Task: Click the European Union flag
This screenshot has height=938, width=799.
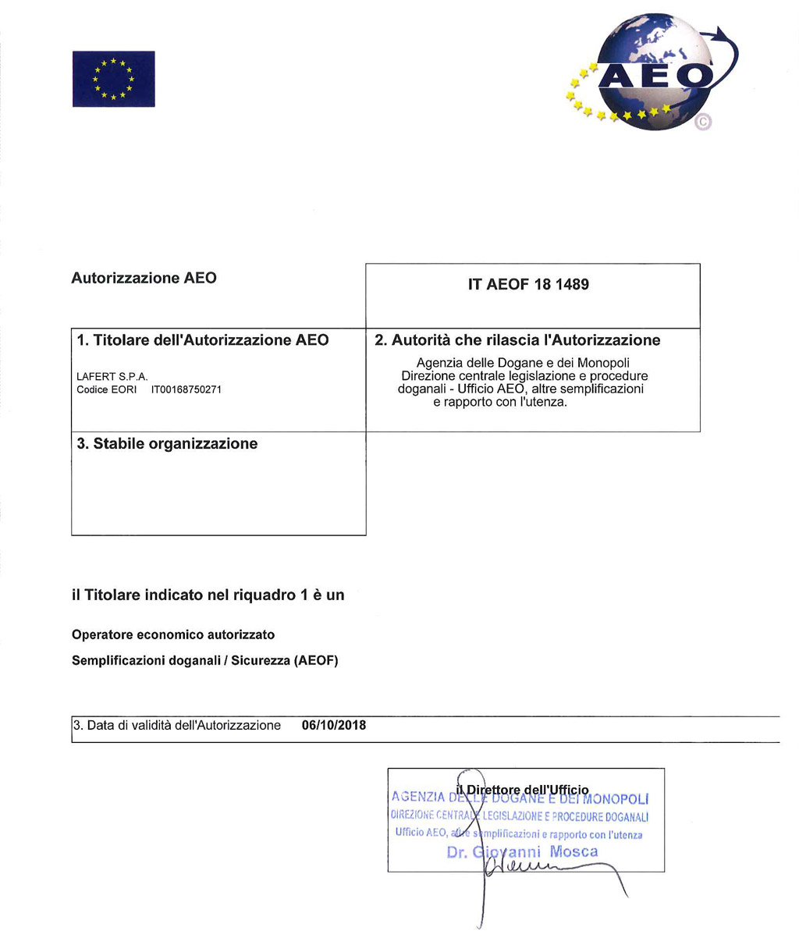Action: [x=113, y=79]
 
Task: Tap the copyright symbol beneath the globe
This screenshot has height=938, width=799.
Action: [x=703, y=122]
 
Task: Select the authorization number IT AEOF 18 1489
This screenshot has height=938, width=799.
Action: [x=528, y=285]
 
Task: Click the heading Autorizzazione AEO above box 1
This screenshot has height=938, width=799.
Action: [x=144, y=278]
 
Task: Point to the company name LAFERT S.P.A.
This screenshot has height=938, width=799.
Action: [x=112, y=377]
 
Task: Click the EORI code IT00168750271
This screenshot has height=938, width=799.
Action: [x=186, y=389]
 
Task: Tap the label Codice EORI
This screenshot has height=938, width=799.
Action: [x=107, y=389]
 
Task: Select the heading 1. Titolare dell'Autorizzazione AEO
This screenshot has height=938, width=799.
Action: [x=203, y=340]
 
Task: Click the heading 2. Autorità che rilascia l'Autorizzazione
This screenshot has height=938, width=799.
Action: [x=518, y=340]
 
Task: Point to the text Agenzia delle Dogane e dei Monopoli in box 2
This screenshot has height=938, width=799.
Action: [x=523, y=363]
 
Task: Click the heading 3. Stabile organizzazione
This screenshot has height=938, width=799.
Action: [x=168, y=444]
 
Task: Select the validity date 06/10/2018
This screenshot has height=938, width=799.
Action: [x=333, y=726]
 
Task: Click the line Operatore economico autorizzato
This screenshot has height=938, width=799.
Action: [x=173, y=634]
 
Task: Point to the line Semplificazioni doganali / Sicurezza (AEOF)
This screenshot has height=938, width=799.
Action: [x=204, y=660]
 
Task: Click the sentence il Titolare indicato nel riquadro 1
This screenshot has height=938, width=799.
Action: [x=208, y=595]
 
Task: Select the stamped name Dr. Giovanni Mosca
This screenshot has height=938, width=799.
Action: [x=523, y=851]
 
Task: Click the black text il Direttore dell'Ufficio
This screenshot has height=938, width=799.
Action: [x=523, y=790]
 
